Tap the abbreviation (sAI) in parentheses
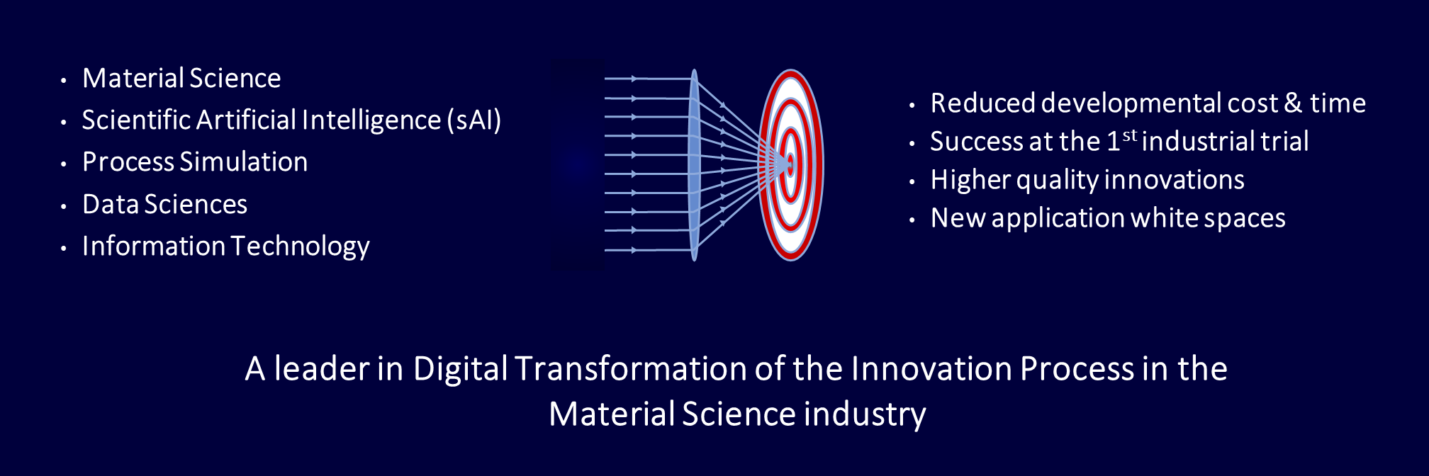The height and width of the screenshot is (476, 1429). pos(474,120)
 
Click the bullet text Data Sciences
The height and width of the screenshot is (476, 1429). pos(164,205)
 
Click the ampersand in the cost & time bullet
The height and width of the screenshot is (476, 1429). pos(1294,103)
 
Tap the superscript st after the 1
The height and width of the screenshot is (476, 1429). pos(1130,135)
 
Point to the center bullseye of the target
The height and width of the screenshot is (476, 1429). pos(790,164)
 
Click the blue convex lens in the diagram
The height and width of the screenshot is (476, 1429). pos(694,164)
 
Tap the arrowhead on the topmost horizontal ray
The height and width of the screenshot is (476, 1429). pos(635,79)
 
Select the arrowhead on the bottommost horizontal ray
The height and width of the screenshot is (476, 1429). pos(635,250)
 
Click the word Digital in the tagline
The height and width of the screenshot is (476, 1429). pos(461,369)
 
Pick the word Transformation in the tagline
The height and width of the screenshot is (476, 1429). pos(631,369)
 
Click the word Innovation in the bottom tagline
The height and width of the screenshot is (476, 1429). pos(931,369)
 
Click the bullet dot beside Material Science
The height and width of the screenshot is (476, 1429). pos(64,81)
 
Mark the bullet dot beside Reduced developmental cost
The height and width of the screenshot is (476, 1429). pos(912,106)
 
